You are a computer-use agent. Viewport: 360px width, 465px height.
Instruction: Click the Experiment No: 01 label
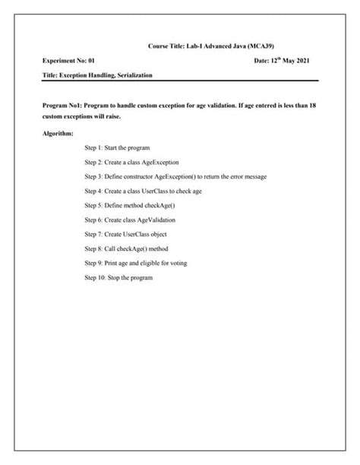pyautogui.click(x=69, y=59)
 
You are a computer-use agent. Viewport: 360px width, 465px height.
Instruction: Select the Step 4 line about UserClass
pyautogui.click(x=143, y=191)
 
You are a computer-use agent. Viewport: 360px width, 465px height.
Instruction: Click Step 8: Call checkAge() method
pyautogui.click(x=126, y=248)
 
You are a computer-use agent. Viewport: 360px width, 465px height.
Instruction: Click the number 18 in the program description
pyautogui.click(x=312, y=106)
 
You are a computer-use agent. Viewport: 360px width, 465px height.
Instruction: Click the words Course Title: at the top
pyautogui.click(x=167, y=46)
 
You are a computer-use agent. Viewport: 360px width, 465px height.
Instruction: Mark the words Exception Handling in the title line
pyautogui.click(x=85, y=75)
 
